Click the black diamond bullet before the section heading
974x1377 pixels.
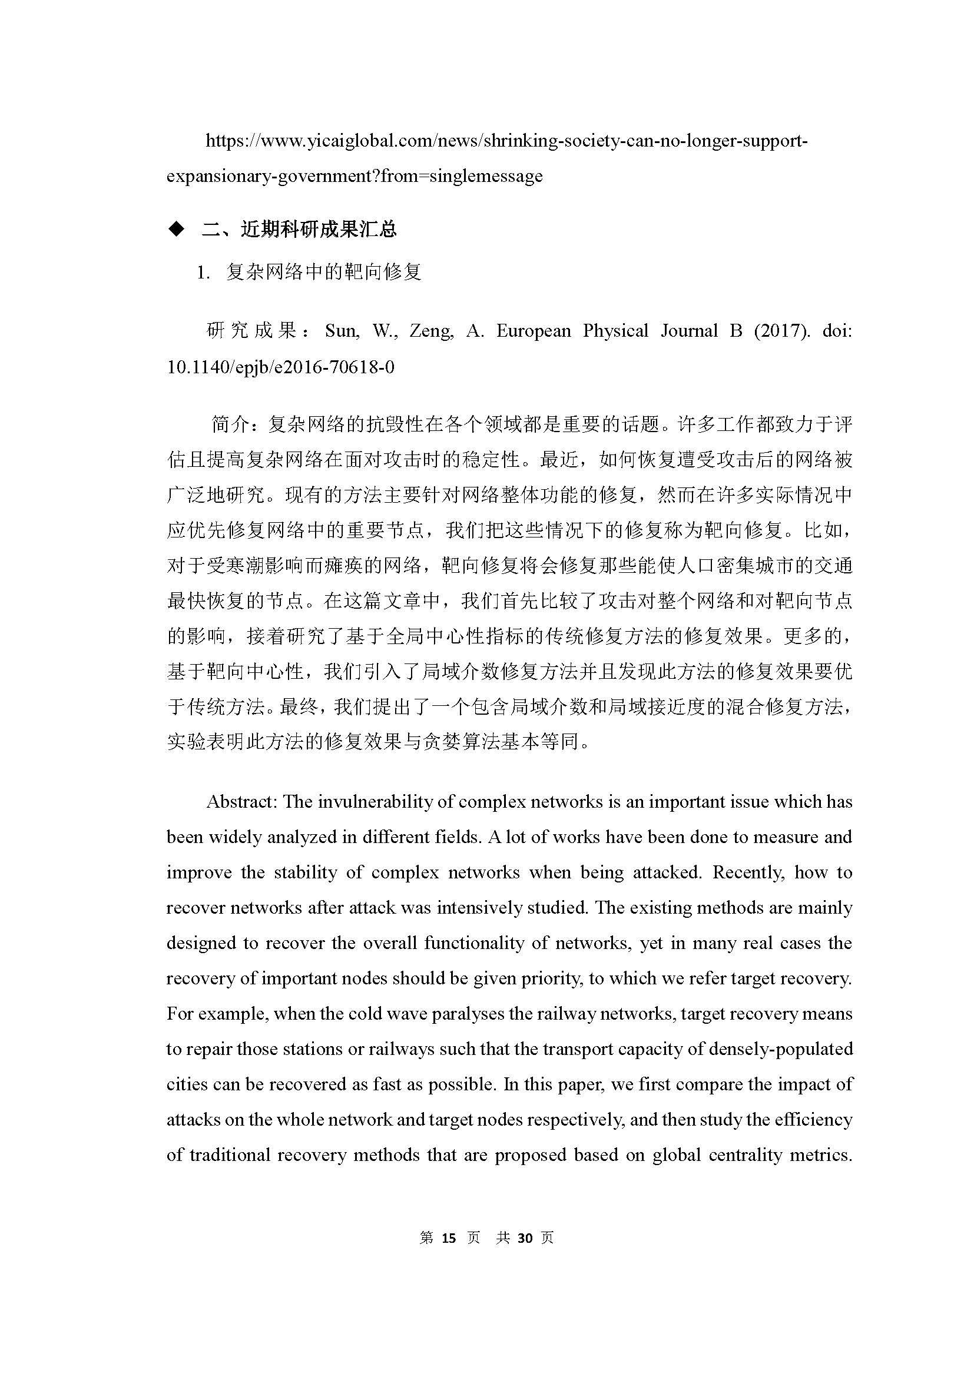click(176, 229)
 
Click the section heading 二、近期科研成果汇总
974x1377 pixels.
click(299, 229)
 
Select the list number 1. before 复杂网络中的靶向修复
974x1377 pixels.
click(203, 273)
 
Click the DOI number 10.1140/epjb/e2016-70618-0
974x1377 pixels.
click(281, 366)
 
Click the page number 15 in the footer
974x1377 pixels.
click(449, 1237)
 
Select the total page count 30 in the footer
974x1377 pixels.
click(525, 1237)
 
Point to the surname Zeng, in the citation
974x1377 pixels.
click(430, 330)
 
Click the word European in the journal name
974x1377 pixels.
click(533, 330)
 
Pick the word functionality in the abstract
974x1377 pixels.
click(474, 943)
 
